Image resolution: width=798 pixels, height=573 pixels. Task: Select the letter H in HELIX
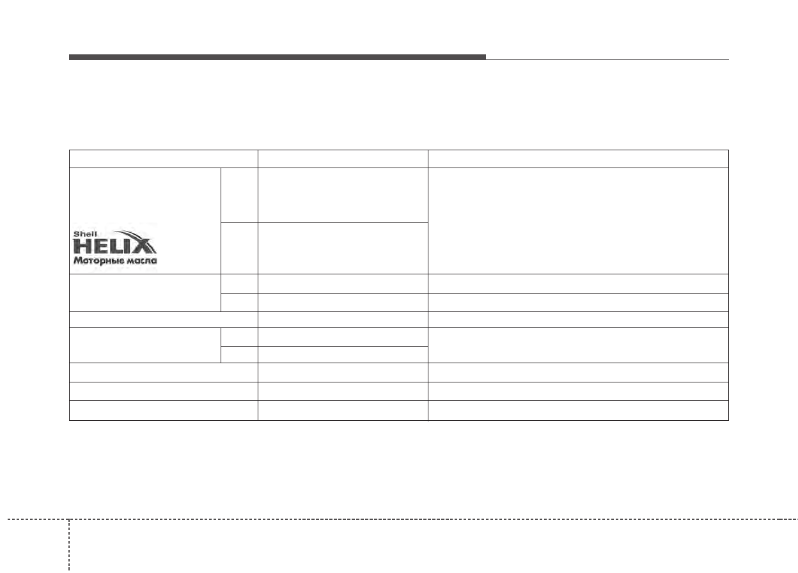tap(81, 246)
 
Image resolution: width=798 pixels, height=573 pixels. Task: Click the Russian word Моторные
tap(96, 261)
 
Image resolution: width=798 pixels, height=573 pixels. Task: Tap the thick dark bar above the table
tap(277, 58)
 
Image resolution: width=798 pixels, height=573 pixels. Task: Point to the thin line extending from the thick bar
tap(607, 59)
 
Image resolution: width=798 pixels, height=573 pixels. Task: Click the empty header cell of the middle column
tap(343, 159)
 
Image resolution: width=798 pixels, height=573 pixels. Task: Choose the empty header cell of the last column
tap(578, 159)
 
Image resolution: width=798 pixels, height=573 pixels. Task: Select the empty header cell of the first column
tap(163, 159)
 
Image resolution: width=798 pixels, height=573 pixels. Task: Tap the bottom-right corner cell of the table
tap(578, 411)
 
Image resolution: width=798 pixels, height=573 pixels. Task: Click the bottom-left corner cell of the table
tap(163, 411)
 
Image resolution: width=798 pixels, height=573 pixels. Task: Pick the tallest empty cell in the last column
tap(578, 221)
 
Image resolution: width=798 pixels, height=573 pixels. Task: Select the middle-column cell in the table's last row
tap(343, 411)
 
